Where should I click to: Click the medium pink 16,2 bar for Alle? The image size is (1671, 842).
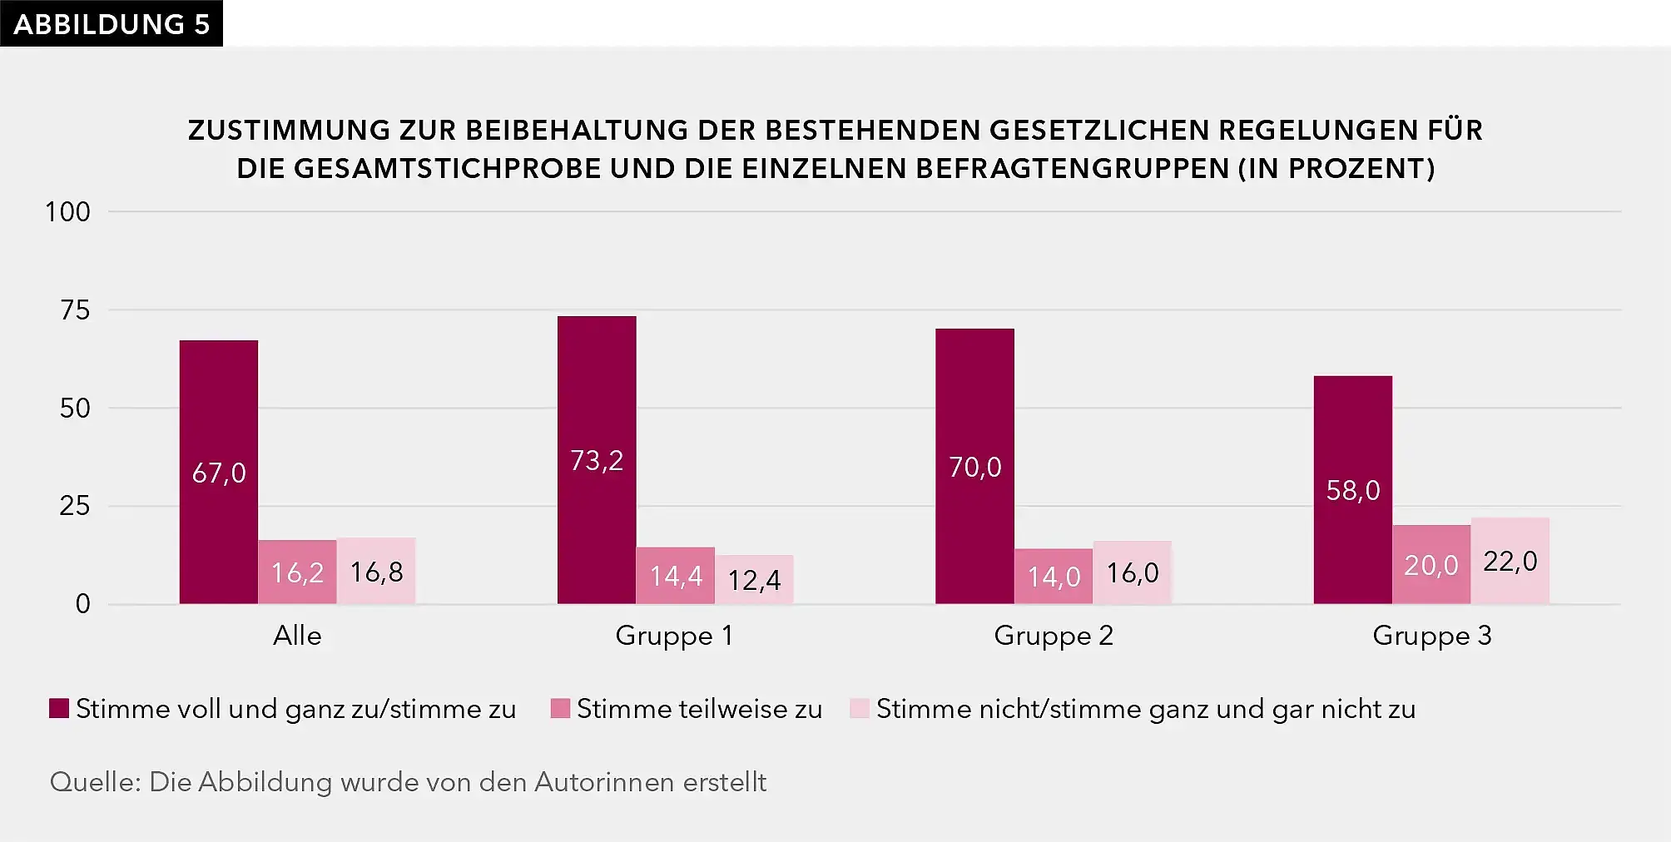point(297,572)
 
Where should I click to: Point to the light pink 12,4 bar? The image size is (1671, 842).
point(755,579)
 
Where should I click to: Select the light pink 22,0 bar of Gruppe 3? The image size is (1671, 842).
point(1510,561)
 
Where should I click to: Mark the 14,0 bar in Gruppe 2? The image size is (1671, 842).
point(1054,576)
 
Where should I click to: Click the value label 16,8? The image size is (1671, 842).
point(376,572)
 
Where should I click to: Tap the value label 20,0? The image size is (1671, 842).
point(1431,566)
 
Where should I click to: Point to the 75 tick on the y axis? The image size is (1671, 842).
point(75,310)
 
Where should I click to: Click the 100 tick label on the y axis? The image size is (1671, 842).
point(67,212)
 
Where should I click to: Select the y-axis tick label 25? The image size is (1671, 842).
point(75,506)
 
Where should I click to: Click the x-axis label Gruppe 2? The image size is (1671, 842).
point(1054,636)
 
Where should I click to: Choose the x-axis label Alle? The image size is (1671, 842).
point(297,636)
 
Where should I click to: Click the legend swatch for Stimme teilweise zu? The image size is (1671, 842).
point(560,709)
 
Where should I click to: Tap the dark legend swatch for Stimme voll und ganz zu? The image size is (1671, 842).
point(59,709)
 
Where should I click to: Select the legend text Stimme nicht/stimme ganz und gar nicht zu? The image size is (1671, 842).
point(1145,709)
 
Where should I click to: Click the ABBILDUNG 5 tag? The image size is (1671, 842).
point(112,24)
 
